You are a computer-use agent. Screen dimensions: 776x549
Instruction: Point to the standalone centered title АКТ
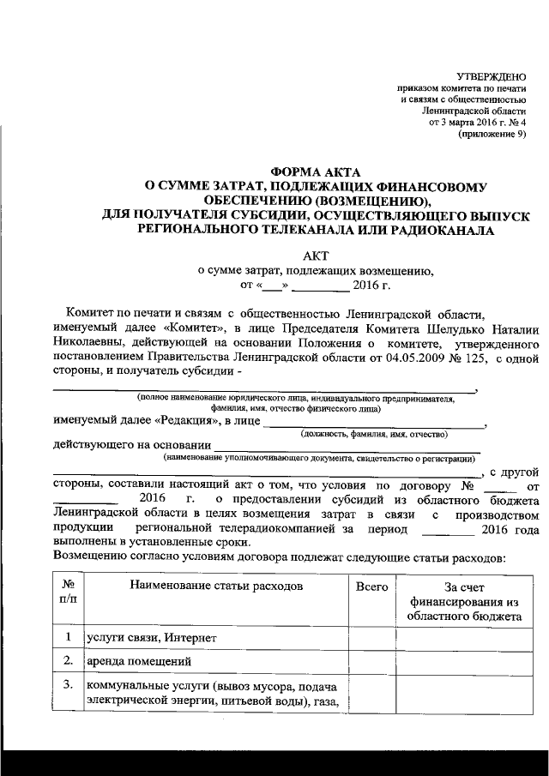[x=315, y=255]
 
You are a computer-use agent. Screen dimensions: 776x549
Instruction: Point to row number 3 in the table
[x=67, y=685]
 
